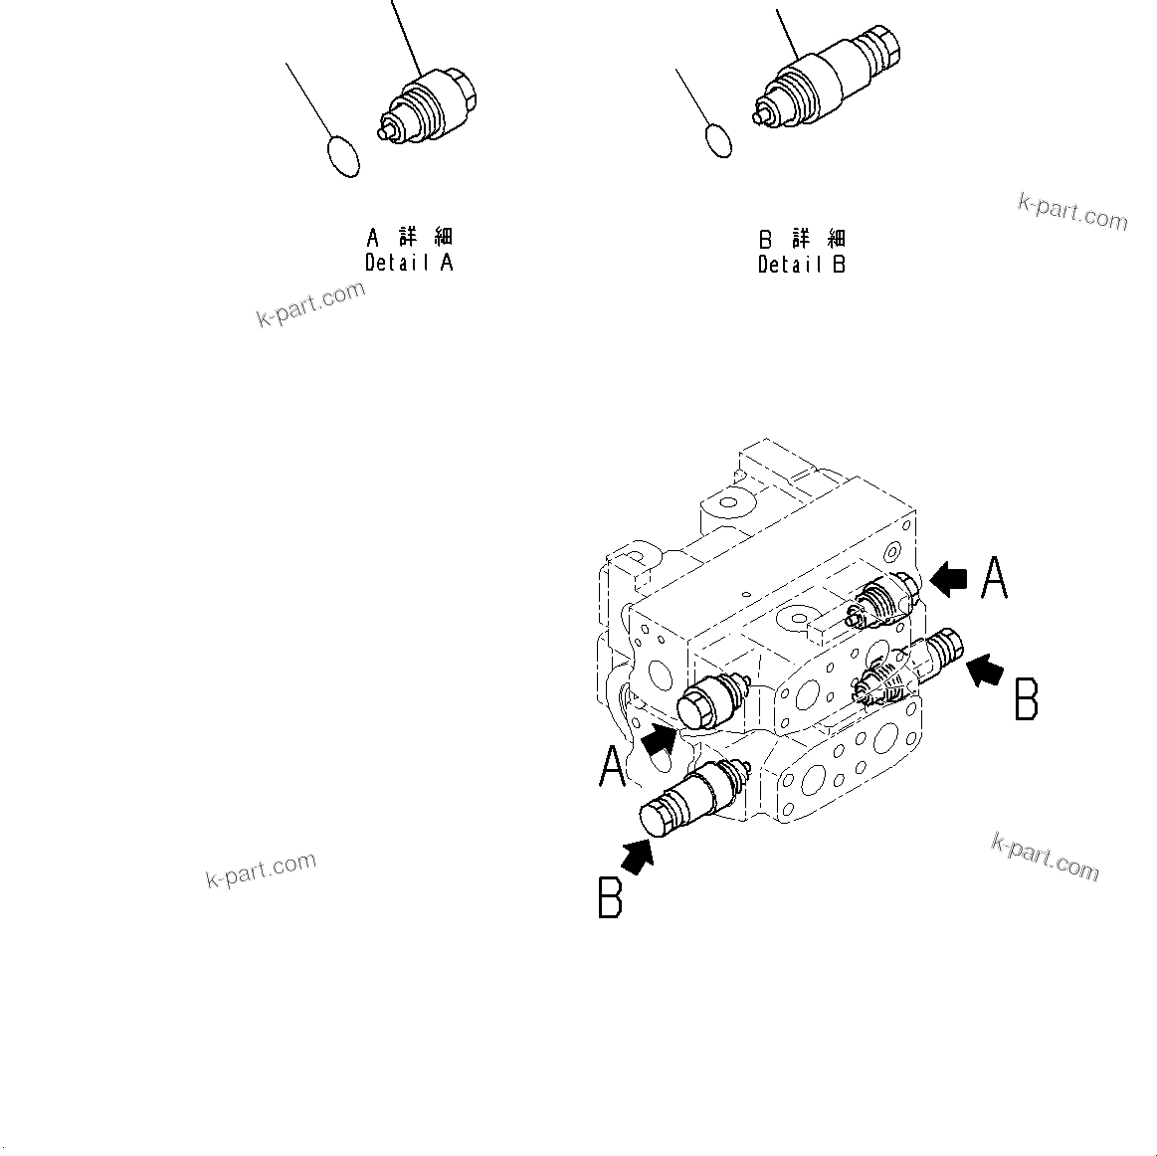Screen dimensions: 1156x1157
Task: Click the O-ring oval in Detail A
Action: click(343, 156)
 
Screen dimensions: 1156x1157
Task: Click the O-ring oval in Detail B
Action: click(718, 140)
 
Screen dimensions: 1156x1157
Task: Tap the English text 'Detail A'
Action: click(409, 264)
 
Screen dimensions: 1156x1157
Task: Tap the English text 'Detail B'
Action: click(802, 265)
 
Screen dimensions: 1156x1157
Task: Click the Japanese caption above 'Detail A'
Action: click(410, 238)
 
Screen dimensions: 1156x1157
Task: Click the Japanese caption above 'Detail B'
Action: click(803, 239)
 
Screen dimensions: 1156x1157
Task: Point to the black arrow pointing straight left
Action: click(948, 579)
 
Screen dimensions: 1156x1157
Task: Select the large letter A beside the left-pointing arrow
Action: click(994, 578)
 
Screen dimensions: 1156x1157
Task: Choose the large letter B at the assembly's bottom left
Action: click(610, 896)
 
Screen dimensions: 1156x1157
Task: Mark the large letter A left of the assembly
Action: click(613, 766)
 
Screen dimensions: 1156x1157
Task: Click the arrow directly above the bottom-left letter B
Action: click(638, 855)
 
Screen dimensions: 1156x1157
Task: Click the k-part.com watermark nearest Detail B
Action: click(1072, 211)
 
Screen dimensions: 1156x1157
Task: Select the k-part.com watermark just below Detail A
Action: click(311, 303)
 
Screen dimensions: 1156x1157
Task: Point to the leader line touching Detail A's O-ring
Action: click(307, 99)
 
